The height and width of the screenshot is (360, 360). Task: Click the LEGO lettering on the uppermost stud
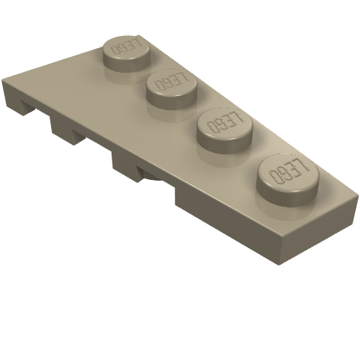127,46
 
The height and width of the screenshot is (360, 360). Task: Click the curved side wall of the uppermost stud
127,62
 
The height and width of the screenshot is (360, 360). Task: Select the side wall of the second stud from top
172,99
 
